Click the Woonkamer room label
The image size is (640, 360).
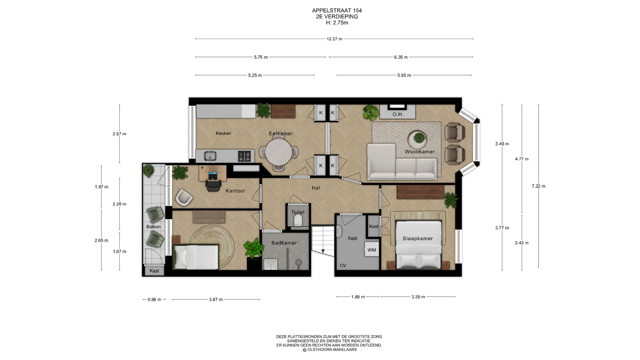pos(420,152)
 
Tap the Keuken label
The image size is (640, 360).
pos(223,133)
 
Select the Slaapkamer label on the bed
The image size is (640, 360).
pos(418,239)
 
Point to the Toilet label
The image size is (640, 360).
pos(298,212)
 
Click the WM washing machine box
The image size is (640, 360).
pos(372,250)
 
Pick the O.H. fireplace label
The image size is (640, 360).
pos(398,114)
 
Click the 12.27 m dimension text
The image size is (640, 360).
pos(334,39)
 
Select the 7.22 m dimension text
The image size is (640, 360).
pos(538,186)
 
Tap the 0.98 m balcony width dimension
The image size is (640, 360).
pos(154,300)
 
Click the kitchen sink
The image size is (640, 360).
pos(210,156)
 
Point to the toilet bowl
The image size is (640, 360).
pos(298,220)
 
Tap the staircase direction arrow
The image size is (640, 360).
pos(323,251)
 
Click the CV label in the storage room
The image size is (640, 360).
pos(343,266)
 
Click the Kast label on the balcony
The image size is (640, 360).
pos(154,271)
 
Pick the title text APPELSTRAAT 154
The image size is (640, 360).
pos(337,10)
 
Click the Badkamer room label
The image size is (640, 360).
pos(284,243)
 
